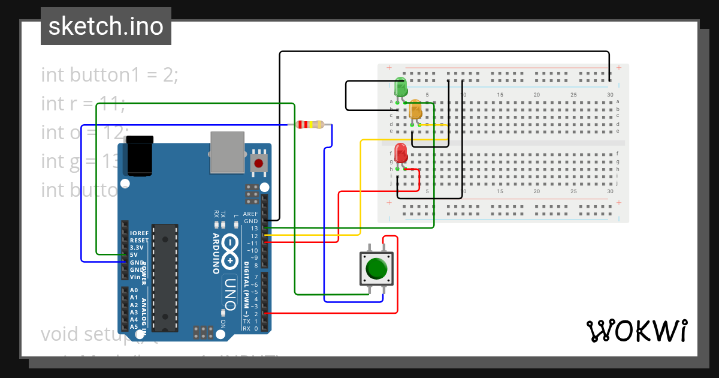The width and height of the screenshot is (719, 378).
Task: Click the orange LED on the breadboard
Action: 415,110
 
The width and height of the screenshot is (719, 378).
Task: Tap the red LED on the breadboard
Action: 401,152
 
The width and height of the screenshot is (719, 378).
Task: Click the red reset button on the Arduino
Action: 259,163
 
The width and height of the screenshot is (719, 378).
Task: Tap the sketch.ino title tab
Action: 106,26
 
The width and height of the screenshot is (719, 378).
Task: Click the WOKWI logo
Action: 636,331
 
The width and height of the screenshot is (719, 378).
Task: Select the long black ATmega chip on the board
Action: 165,277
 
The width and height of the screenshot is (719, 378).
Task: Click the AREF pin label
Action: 251,214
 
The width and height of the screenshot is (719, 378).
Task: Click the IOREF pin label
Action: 140,233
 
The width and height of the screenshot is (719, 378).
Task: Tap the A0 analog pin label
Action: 134,290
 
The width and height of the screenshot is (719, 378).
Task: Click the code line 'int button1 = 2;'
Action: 110,75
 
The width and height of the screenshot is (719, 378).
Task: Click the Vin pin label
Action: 135,277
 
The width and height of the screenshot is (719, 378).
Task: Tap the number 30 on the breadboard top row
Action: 610,95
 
